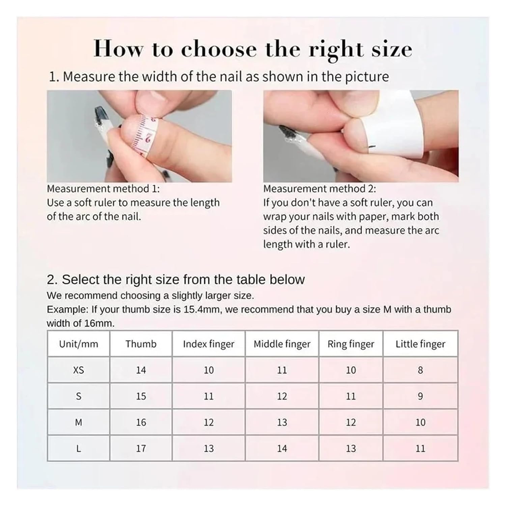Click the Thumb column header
141,344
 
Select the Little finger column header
420,344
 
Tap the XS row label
79,370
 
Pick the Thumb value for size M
141,422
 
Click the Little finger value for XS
420,370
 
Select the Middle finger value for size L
282,448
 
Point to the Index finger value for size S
208,396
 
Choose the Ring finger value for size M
351,422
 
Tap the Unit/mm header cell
79,344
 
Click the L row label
79,448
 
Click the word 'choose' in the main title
219,50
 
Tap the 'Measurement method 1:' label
103,189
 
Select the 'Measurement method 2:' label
319,189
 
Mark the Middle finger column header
282,344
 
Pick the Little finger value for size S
420,396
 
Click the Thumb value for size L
141,448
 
